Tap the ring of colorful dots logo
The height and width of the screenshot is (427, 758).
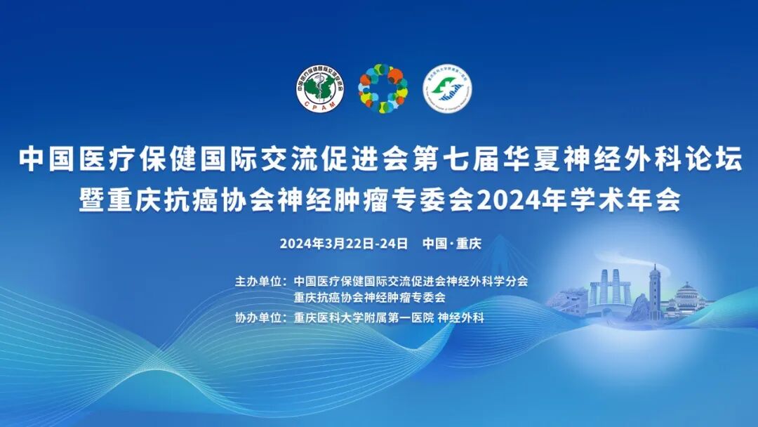click(383, 88)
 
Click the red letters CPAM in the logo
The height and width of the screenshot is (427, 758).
click(320, 105)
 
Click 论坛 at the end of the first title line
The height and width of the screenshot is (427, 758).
click(717, 159)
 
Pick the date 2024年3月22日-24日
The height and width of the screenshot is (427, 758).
click(344, 244)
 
